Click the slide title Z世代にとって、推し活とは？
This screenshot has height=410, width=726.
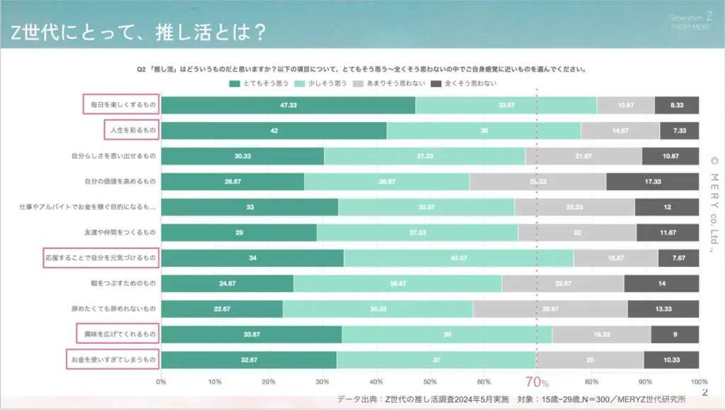click(x=138, y=32)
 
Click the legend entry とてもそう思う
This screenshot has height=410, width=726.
click(x=260, y=84)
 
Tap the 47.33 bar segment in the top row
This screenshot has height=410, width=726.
click(x=288, y=105)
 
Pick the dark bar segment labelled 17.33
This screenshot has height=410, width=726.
click(x=652, y=182)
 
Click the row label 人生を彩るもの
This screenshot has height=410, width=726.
click(x=130, y=131)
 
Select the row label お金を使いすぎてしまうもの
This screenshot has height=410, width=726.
click(x=113, y=360)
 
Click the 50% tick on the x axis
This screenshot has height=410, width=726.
click(x=430, y=382)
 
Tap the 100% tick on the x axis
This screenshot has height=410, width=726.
click(x=699, y=382)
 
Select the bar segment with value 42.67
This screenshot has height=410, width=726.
click(x=459, y=258)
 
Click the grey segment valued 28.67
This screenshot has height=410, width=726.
click(x=550, y=309)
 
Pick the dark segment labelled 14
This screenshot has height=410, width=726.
click(x=661, y=284)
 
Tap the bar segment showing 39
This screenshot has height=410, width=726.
click(x=447, y=335)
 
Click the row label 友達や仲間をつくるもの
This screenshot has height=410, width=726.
click(x=120, y=233)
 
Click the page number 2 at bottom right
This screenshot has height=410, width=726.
click(x=704, y=392)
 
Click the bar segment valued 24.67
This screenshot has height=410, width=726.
click(x=227, y=284)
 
